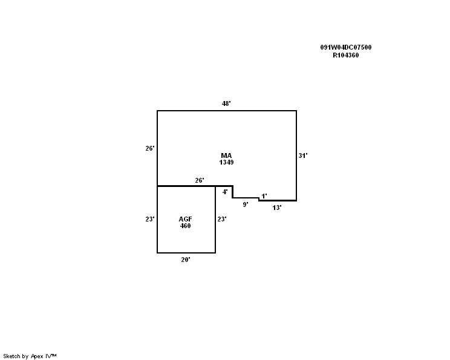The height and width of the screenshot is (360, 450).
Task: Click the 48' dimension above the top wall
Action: (226, 103)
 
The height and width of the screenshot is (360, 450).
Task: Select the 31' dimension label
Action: (303, 155)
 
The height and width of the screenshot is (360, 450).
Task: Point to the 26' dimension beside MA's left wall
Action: (150, 148)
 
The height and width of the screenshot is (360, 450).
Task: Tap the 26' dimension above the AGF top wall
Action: (200, 180)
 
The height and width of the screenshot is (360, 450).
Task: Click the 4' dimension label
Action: (225, 192)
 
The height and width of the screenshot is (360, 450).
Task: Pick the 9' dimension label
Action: (246, 205)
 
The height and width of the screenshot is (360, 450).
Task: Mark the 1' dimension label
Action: (264, 196)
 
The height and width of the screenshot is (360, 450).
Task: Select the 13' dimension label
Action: (277, 208)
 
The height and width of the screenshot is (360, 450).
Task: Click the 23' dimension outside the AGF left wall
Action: (150, 219)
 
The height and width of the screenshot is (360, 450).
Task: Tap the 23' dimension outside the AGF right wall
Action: (222, 219)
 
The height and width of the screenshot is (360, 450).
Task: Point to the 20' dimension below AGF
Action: (186, 260)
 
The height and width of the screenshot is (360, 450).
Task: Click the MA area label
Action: (226, 155)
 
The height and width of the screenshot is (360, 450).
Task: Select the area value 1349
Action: (226, 162)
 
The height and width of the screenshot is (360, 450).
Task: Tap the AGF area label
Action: (186, 219)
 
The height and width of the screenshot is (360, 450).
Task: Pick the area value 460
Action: (186, 226)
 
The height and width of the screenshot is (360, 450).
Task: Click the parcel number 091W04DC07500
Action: (346, 47)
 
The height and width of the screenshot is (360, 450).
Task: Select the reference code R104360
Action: (346, 55)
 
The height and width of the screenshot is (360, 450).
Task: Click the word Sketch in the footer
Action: (11, 356)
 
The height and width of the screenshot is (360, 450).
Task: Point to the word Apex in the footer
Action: (37, 356)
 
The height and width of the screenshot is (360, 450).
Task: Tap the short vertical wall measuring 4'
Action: (232, 192)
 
